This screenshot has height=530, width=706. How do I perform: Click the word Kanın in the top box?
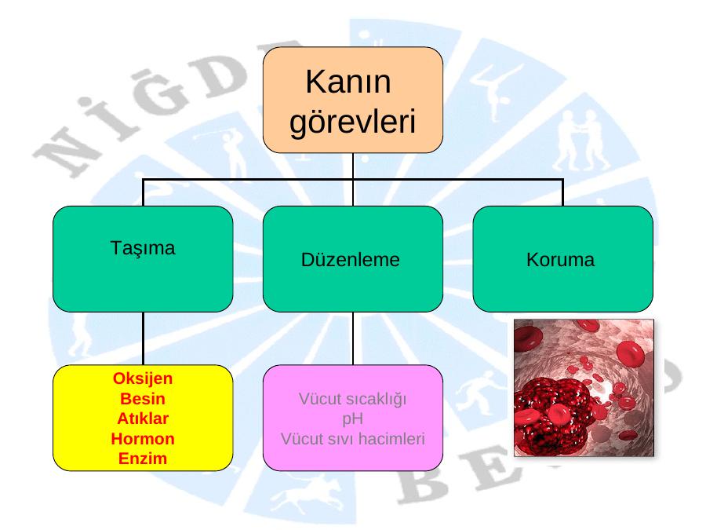348,82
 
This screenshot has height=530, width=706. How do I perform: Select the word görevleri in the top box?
352,122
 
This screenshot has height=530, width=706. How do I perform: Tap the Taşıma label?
142,248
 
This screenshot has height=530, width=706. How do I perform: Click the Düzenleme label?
351,260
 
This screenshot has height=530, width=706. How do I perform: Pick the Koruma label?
561,260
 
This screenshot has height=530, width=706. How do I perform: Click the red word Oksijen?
142,378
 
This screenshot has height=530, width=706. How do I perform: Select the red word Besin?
142,398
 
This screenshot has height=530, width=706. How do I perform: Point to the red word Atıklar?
142,419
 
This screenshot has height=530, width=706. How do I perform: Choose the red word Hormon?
142,438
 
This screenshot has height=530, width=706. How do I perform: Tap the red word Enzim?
142,459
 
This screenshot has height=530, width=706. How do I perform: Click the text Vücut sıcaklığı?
352,400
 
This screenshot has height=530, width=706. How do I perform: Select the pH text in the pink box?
352,419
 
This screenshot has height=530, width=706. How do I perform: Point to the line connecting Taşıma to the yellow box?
144,338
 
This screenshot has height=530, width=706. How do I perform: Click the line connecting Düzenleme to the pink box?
353,338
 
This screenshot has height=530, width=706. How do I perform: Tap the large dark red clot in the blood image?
551,417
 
